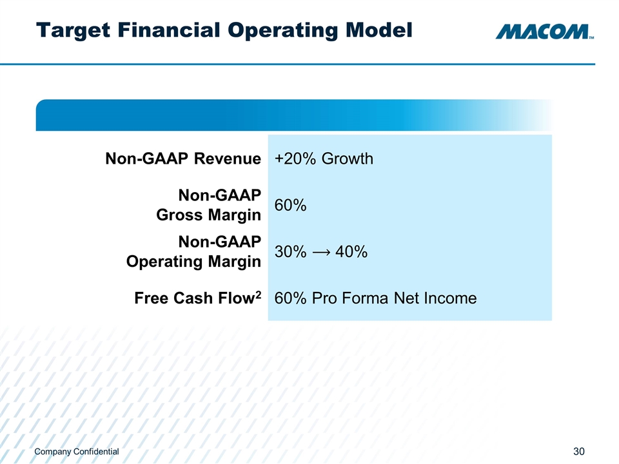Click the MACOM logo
pos(543,32)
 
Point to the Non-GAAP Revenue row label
pos(183,159)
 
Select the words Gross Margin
pos(209,215)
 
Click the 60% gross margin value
pos(290,206)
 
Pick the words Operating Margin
pos(193,262)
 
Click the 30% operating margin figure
pos(290,253)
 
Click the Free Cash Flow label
pos(193,299)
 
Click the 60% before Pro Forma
pos(290,298)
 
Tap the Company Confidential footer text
pos(77,452)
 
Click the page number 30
pos(578,452)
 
